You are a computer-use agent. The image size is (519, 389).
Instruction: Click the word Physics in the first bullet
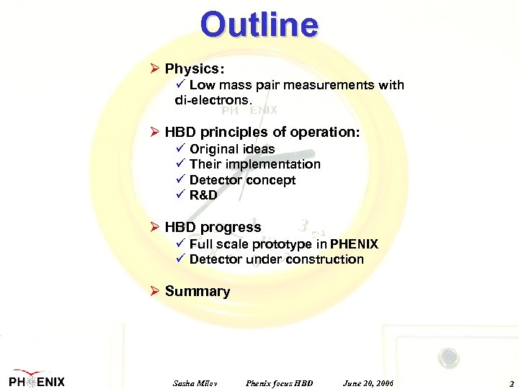(192, 69)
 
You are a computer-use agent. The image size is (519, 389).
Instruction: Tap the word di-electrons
(213, 100)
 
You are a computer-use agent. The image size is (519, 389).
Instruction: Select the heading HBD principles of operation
(262, 133)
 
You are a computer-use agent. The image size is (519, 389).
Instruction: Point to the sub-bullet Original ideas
(232, 149)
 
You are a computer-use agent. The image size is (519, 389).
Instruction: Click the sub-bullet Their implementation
(254, 164)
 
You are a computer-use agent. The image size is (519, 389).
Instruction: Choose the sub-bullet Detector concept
(242, 180)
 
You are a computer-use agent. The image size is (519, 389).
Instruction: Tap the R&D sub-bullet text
(203, 195)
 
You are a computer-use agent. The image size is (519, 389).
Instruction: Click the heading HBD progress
(213, 228)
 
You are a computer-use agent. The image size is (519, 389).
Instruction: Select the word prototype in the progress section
(286, 244)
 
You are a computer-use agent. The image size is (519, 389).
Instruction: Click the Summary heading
(197, 292)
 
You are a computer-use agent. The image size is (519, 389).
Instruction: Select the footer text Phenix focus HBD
(279, 383)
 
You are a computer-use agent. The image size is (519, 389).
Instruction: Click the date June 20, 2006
(369, 383)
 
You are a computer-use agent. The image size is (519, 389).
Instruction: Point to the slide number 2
(510, 383)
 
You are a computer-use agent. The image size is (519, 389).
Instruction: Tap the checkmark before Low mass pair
(181, 85)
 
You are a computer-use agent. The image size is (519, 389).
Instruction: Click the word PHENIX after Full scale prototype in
(354, 244)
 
